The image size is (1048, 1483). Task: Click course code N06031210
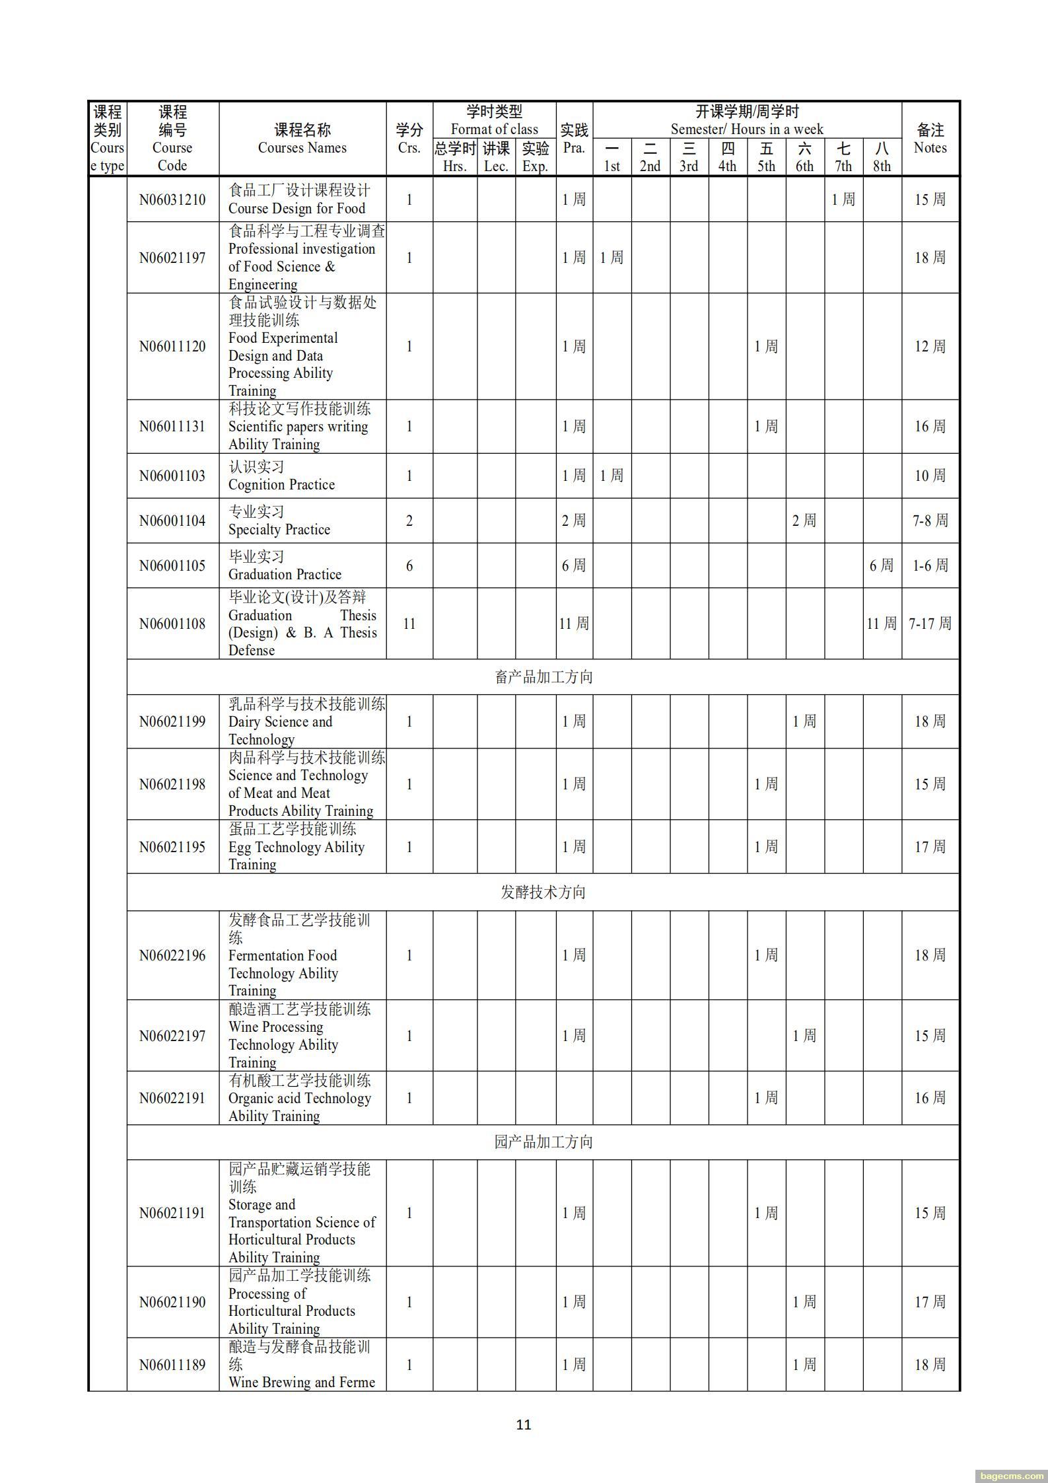tap(172, 199)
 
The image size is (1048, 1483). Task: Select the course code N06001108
tap(172, 624)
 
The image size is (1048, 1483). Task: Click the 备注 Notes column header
tap(930, 139)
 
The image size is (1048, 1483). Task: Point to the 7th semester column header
tap(843, 157)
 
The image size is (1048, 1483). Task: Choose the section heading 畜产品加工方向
tap(543, 677)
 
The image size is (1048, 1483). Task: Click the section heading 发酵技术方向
tap(543, 892)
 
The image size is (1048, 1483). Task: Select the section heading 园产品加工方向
tap(543, 1142)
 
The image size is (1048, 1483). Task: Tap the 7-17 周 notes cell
tap(930, 624)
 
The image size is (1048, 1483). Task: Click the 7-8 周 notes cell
tap(930, 521)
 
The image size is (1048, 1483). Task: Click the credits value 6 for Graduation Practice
tap(409, 565)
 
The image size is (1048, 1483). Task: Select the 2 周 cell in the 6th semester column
tap(804, 521)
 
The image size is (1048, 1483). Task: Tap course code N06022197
tap(172, 1036)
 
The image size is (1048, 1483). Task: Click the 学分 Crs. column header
tap(409, 139)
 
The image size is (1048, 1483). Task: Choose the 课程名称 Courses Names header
tap(302, 139)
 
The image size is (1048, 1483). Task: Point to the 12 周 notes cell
tap(930, 347)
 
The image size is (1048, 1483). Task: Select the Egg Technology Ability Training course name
tap(296, 847)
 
